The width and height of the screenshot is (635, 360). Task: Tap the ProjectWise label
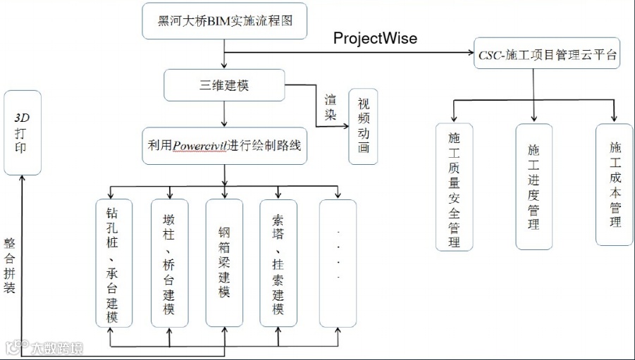[x=375, y=39]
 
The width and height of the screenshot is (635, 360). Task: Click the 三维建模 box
[x=225, y=85]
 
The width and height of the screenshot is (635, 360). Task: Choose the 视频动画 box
[x=363, y=125]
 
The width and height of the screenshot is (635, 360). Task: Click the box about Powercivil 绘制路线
[x=225, y=146]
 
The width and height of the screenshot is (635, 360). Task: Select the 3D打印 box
[x=23, y=132]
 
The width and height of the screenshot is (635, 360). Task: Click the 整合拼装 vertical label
[x=10, y=266]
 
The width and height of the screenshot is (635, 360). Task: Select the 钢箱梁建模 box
[x=224, y=263]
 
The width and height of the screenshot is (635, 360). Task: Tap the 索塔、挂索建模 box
[x=278, y=263]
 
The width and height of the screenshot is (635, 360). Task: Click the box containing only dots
[x=338, y=263]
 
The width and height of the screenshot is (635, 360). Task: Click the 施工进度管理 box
[x=534, y=187]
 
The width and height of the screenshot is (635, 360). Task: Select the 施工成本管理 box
[x=615, y=185]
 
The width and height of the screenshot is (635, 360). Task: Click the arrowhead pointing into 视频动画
[x=345, y=125]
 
